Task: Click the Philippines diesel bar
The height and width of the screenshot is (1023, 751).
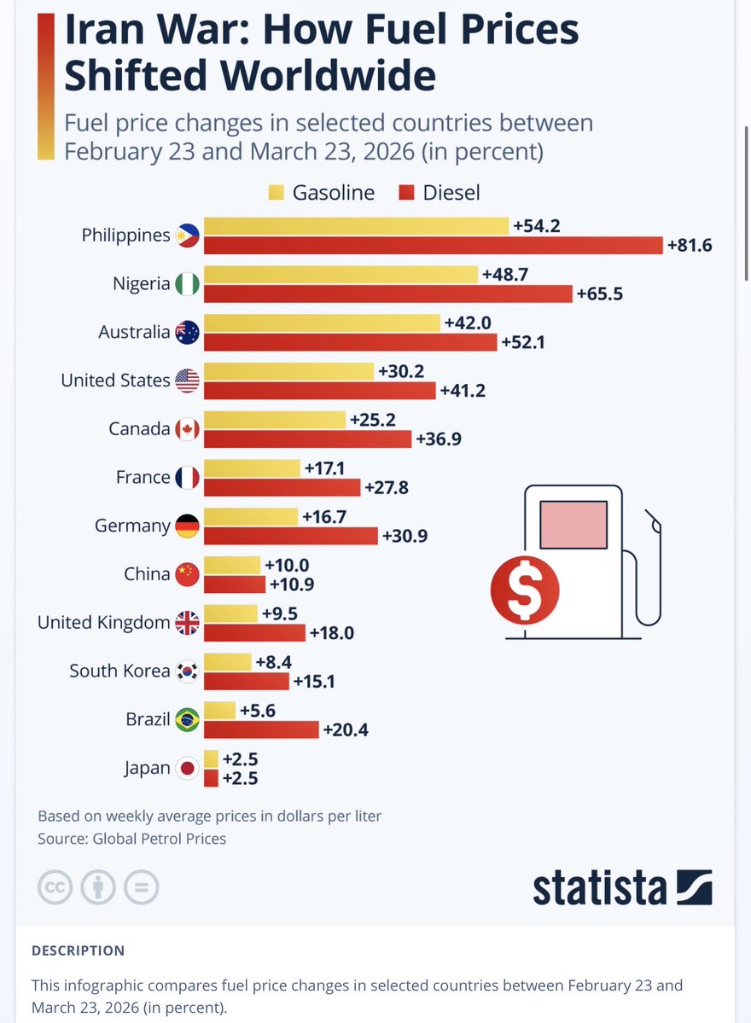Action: pos(434,246)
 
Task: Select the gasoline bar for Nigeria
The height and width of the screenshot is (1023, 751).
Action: pos(341,275)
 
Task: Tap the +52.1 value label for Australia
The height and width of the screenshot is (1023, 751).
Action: pos(523,342)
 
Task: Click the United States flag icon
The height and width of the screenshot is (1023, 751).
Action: pos(187,381)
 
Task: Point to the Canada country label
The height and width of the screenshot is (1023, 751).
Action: pos(139,428)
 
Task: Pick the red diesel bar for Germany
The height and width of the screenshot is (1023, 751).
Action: pos(291,536)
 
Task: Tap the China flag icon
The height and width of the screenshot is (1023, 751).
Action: pos(187,574)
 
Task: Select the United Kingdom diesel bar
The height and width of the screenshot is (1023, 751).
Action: pos(254,633)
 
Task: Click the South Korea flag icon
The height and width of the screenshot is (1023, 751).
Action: pos(187,671)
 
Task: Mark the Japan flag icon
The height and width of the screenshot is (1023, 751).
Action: pos(187,769)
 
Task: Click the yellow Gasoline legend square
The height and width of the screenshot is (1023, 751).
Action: pos(276,193)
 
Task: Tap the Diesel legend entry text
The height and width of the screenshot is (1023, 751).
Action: pos(451,193)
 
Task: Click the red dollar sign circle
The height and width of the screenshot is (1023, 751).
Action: pos(524,590)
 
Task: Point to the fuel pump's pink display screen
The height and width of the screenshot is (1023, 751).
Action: pos(573,525)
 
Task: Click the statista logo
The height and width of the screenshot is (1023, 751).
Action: pos(622,887)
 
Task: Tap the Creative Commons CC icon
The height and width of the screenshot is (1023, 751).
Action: pos(55,887)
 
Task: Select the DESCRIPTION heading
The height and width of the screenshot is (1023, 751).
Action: pos(78,950)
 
